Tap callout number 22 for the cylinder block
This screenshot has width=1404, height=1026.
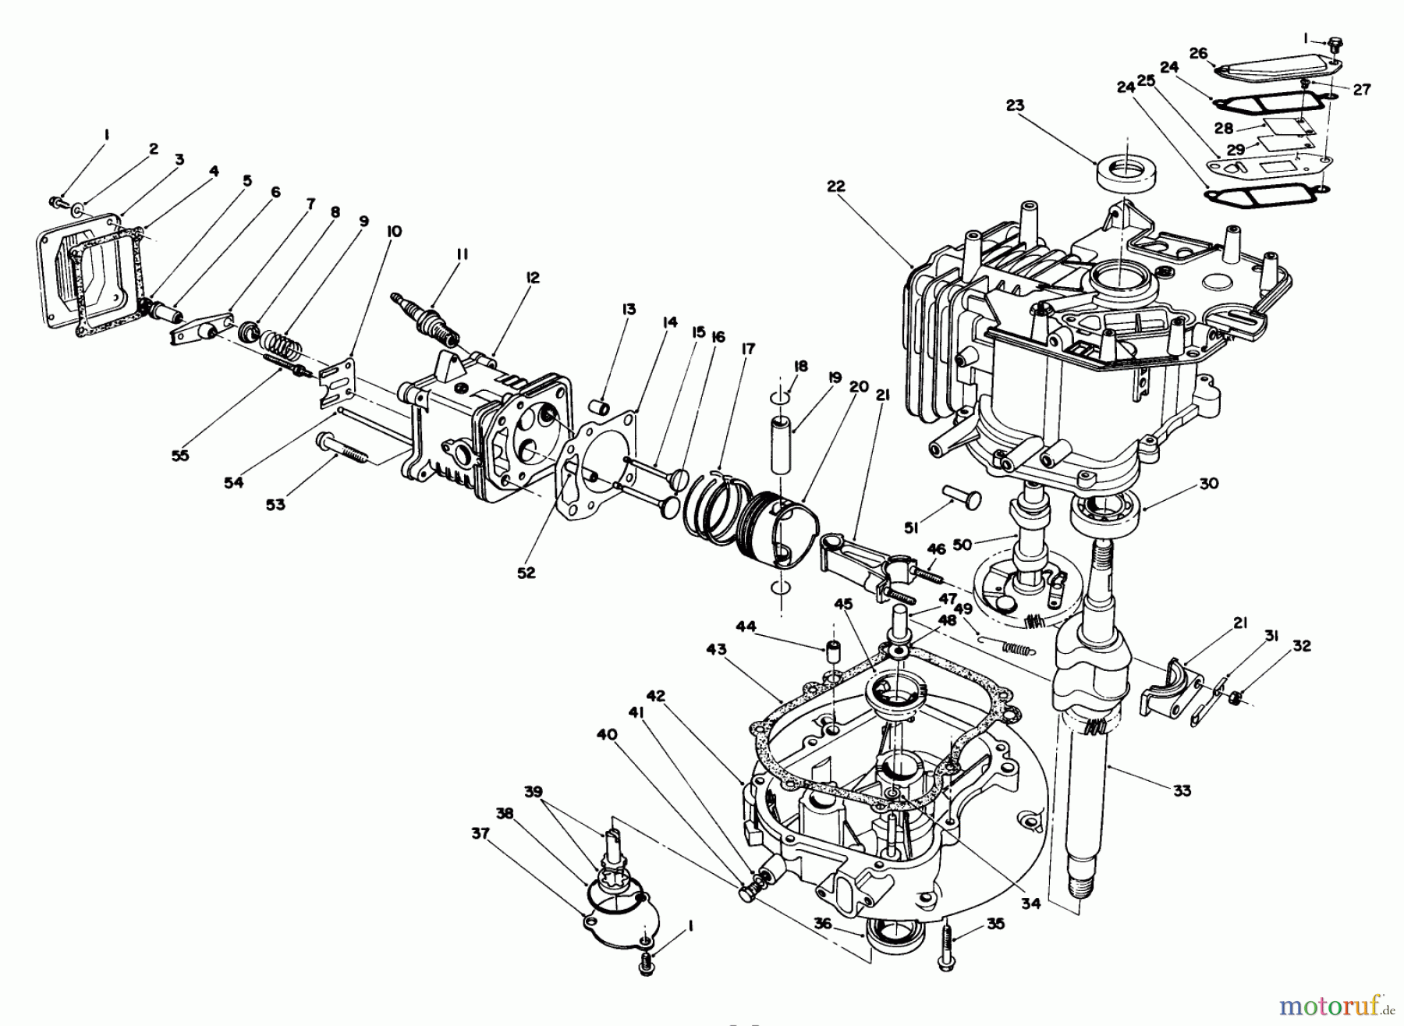(x=835, y=186)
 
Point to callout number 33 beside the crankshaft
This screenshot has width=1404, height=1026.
(x=1182, y=790)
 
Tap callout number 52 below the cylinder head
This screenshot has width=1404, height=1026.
(x=526, y=572)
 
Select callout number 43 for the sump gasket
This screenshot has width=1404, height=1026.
(x=717, y=649)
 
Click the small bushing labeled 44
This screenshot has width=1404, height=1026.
(x=832, y=651)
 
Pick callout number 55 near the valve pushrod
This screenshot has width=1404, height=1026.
(x=180, y=455)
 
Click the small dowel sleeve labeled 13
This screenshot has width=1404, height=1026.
(x=601, y=408)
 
